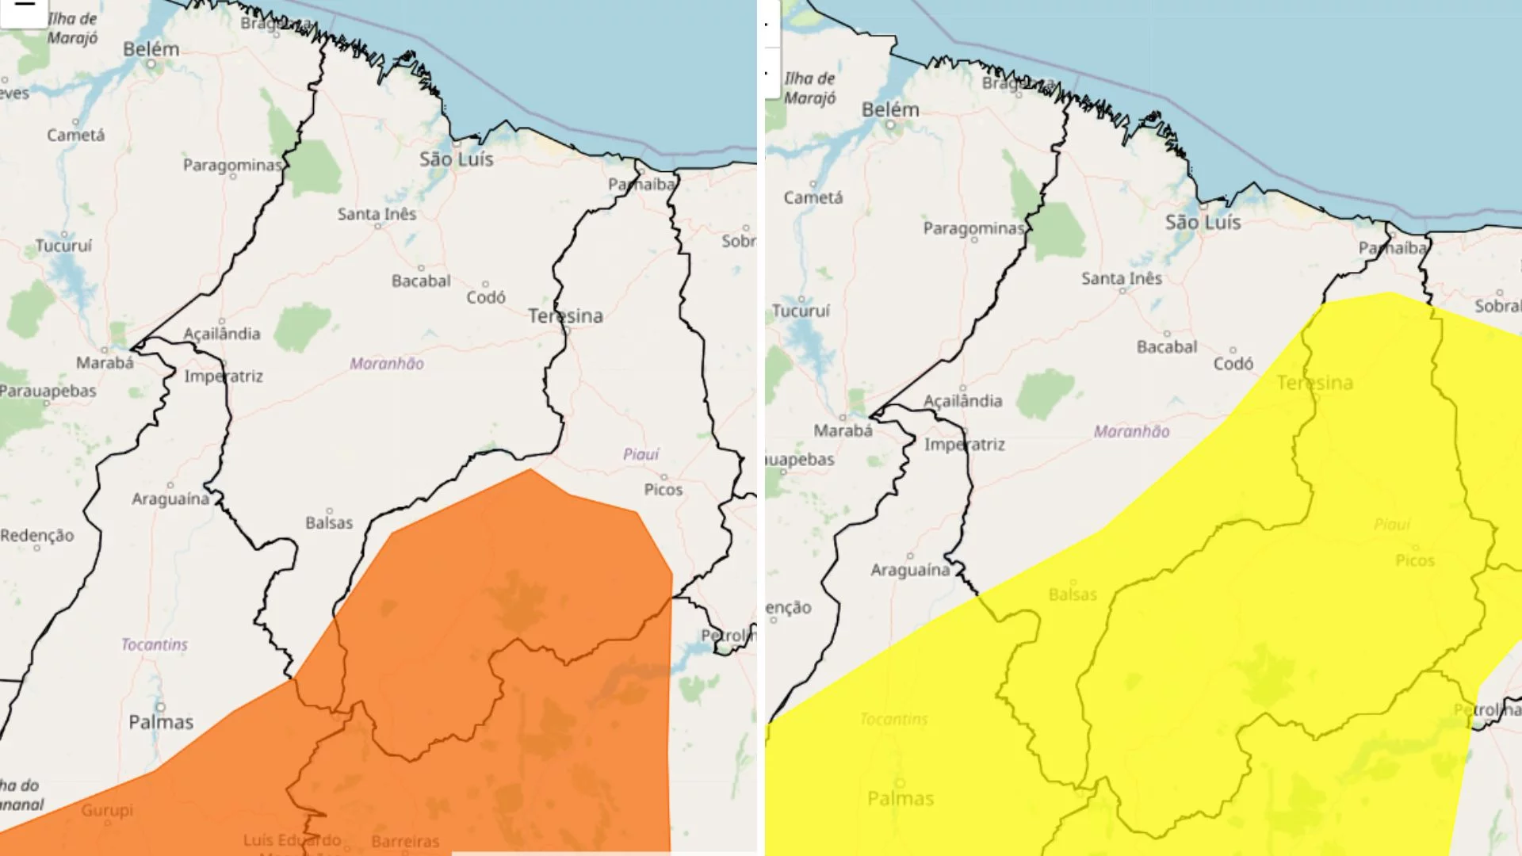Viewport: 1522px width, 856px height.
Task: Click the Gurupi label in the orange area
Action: [107, 810]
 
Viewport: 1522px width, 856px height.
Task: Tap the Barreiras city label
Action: [405, 842]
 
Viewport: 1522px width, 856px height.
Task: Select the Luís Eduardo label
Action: [292, 840]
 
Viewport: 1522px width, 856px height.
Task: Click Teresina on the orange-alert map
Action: [565, 315]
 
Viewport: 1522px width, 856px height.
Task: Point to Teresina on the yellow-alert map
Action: [1314, 383]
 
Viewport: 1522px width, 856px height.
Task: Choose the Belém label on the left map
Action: [151, 49]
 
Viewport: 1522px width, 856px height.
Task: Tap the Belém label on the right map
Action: [890, 109]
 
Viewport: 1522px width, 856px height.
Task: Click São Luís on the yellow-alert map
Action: [1203, 223]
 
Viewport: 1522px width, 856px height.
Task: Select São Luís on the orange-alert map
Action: [457, 159]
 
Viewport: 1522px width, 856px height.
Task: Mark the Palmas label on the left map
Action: [161, 721]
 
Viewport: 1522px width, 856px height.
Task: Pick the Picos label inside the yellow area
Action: [1415, 560]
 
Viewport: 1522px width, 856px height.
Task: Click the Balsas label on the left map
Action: [329, 522]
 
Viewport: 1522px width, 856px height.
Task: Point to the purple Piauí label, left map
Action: [641, 454]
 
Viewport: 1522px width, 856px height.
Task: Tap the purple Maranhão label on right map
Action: [1131, 431]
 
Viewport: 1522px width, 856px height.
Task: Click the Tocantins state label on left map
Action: [155, 644]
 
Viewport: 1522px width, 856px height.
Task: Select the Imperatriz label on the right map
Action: [964, 444]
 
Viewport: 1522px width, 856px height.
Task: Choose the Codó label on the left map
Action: [485, 296]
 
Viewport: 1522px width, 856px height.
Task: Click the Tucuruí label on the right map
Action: [801, 311]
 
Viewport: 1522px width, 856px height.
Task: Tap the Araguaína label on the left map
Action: [170, 499]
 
